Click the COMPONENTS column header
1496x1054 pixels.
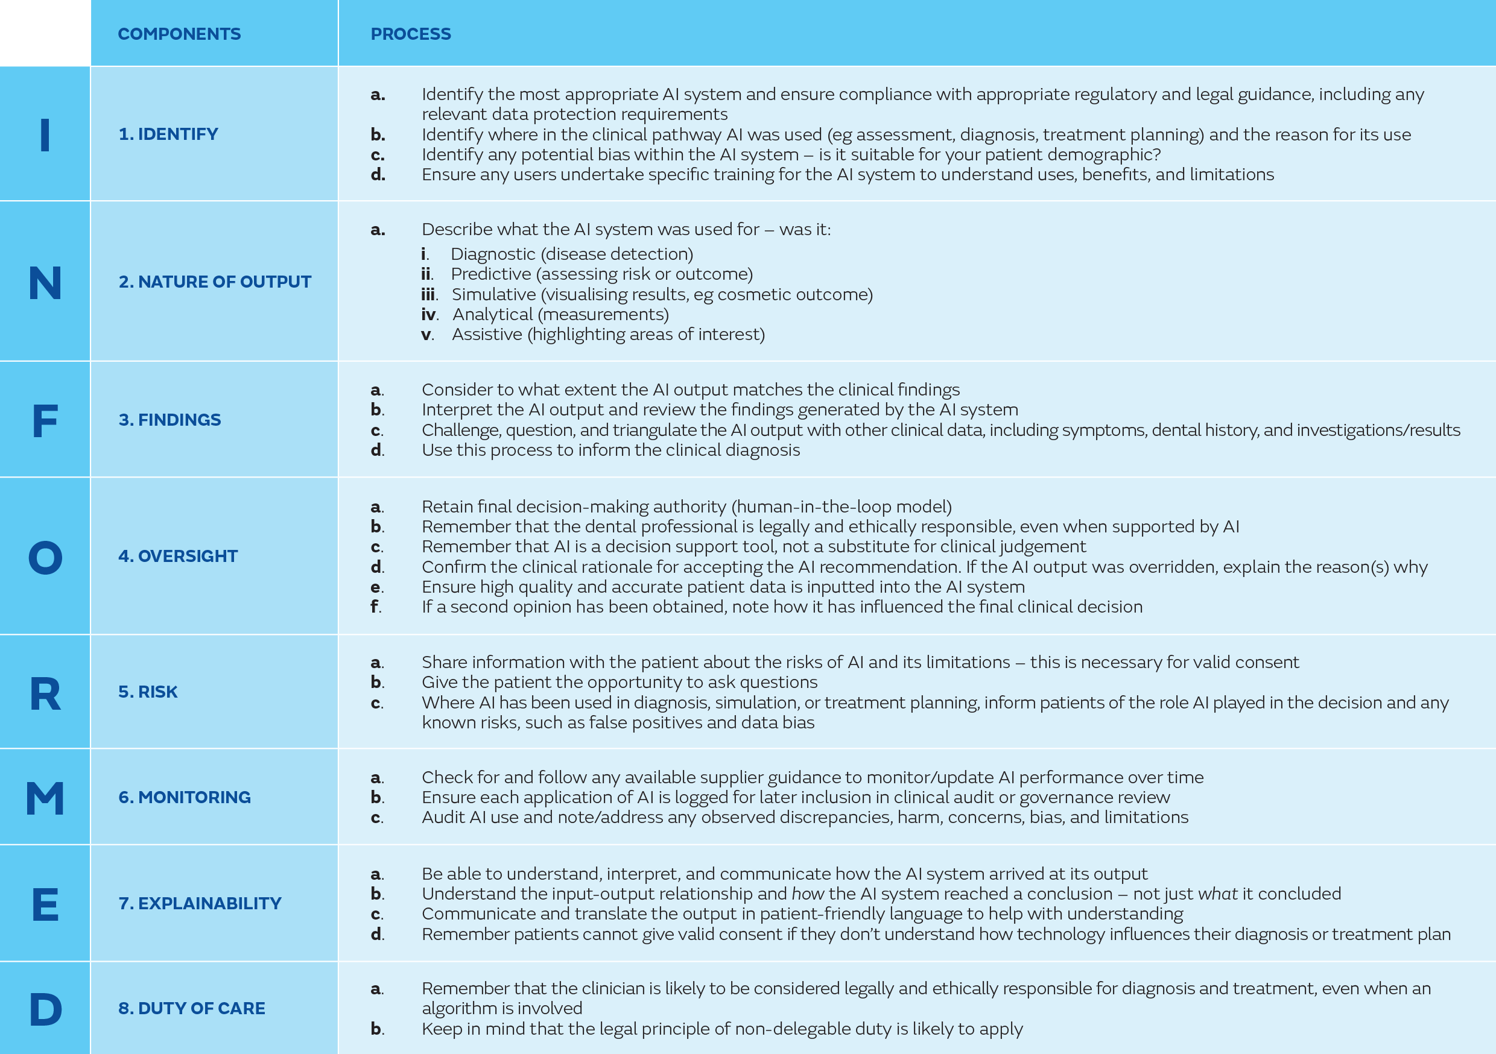(x=179, y=34)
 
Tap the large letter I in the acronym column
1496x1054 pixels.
(x=45, y=136)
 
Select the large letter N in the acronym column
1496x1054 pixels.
(x=45, y=283)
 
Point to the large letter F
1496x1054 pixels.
(x=45, y=421)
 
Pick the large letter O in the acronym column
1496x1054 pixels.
(x=45, y=558)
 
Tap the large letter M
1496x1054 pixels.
(x=45, y=799)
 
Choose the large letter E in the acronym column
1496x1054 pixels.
(x=45, y=905)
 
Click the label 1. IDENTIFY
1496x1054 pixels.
(x=168, y=134)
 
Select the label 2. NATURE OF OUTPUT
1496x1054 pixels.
(x=214, y=282)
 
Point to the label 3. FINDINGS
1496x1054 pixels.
(x=170, y=420)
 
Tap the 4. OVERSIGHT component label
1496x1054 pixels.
(x=178, y=556)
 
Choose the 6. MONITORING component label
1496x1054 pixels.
(x=185, y=797)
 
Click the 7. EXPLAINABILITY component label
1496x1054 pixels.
(x=200, y=903)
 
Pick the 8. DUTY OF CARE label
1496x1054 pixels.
(x=192, y=1008)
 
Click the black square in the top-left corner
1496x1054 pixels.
(x=44, y=33)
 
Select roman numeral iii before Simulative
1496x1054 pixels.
(x=429, y=294)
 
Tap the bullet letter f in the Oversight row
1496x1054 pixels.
(x=375, y=607)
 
